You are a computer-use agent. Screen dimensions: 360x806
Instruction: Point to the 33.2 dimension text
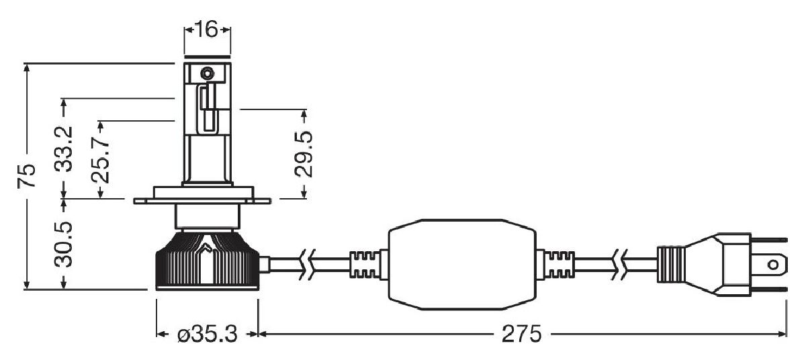tap(64, 149)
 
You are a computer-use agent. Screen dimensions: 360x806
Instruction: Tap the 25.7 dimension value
tap(101, 161)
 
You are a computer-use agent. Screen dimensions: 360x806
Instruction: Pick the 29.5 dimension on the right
tap(305, 154)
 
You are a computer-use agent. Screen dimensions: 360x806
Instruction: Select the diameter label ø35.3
tap(207, 334)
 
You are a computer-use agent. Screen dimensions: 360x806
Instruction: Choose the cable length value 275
tap(522, 334)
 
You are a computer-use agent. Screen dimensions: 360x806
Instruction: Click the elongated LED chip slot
tap(208, 109)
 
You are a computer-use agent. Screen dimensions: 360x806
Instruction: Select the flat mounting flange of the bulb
tap(202, 200)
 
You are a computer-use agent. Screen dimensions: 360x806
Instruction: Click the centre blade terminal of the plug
tap(773, 265)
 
